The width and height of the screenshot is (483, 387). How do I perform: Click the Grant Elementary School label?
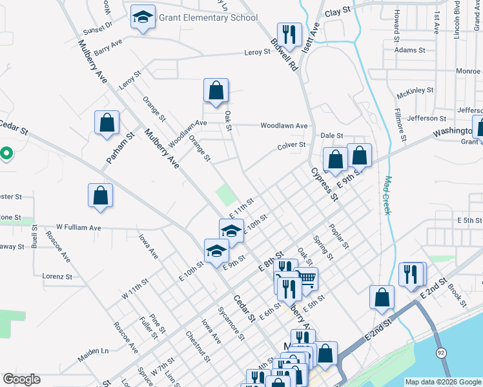(x=208, y=17)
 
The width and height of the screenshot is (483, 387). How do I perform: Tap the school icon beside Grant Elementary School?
(x=143, y=17)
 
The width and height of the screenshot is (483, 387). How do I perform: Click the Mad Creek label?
(x=389, y=195)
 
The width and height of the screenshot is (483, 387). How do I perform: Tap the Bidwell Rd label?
(x=283, y=57)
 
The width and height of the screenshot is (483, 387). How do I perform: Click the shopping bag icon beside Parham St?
(x=107, y=123)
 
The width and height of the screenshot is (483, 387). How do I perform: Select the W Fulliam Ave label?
(x=78, y=227)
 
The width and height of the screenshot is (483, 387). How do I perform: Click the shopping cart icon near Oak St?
(x=306, y=278)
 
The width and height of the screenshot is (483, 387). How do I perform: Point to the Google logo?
(x=21, y=379)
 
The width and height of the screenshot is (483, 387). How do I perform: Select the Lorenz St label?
(x=57, y=276)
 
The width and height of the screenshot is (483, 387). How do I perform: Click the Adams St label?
(x=410, y=50)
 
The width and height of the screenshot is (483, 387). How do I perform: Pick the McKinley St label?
(x=415, y=91)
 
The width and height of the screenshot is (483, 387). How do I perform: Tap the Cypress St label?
(x=324, y=184)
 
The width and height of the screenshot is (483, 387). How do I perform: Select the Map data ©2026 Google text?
(x=442, y=382)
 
